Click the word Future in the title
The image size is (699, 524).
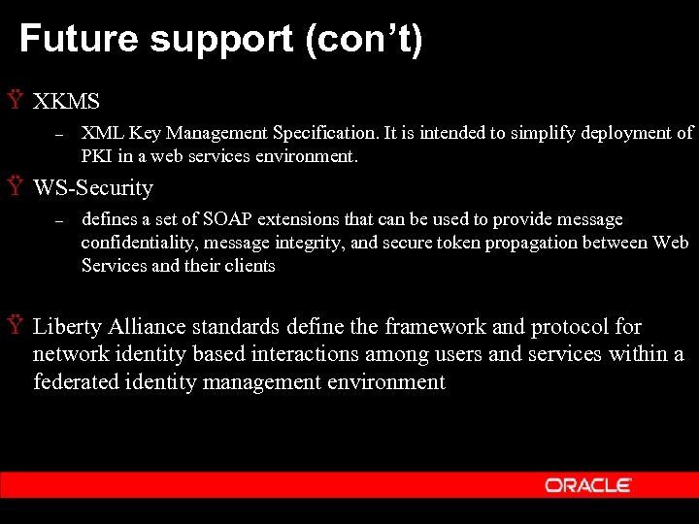tap(77, 40)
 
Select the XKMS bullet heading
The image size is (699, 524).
tap(66, 101)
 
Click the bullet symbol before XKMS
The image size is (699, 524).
tap(14, 100)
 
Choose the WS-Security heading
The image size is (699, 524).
tap(93, 187)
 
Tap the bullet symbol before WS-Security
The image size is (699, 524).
tap(14, 186)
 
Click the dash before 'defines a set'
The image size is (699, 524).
tap(58, 222)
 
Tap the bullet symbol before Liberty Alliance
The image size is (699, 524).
tap(14, 325)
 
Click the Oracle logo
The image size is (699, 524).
tap(588, 485)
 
